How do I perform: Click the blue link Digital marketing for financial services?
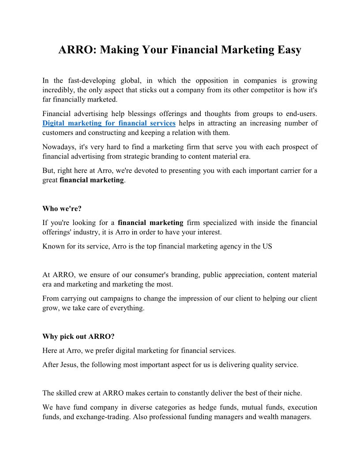(x=109, y=123)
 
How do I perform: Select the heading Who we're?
(x=62, y=209)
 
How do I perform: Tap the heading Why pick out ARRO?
(x=79, y=337)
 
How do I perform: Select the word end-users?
(x=301, y=114)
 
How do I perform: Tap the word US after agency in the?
(x=267, y=246)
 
